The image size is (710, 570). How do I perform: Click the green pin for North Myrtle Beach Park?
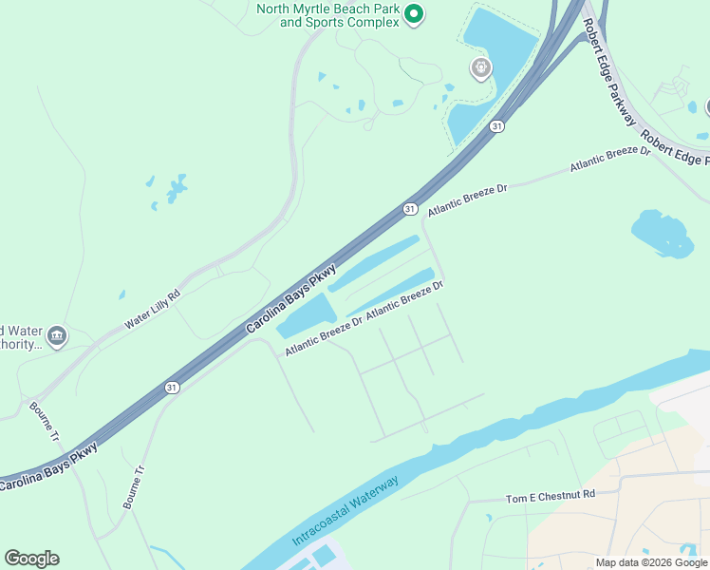click(413, 14)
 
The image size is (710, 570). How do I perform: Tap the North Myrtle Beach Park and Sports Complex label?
click(327, 15)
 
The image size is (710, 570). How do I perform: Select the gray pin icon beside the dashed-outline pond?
click(481, 67)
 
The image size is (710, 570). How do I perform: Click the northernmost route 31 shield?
click(496, 126)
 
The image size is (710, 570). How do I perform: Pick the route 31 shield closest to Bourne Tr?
click(171, 387)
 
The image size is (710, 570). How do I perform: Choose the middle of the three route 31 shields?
click(409, 208)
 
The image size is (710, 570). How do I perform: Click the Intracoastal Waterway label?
click(346, 508)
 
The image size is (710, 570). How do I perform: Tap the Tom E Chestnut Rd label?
click(550, 496)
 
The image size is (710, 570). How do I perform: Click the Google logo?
click(31, 559)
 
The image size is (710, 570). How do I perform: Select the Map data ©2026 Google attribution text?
click(651, 562)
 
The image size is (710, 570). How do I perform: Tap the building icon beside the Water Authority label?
click(57, 336)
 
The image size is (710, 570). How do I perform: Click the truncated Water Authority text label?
click(19, 337)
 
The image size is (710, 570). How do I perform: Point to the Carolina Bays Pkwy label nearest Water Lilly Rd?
click(292, 298)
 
